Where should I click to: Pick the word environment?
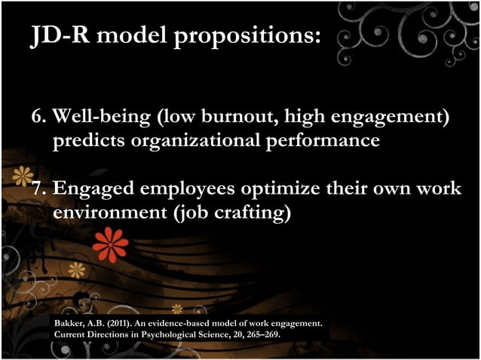coord(109,213)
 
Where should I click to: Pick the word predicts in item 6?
coord(86,142)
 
